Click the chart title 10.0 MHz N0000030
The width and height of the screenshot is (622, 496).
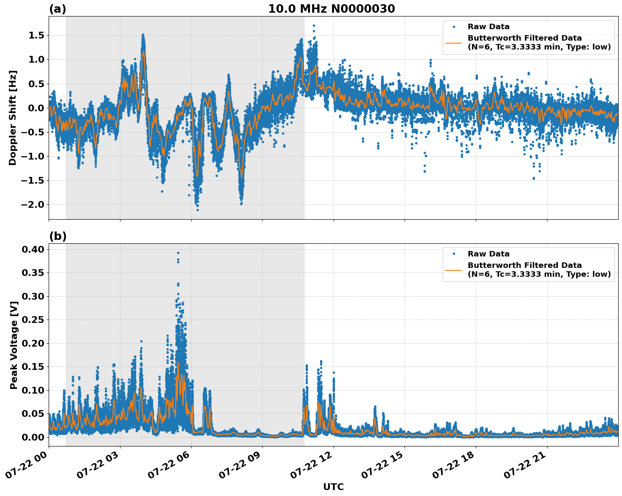[x=332, y=9]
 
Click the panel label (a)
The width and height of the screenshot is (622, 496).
[x=58, y=9]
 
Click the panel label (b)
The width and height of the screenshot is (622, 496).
[x=58, y=236]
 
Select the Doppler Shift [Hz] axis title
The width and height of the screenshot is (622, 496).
[x=13, y=118]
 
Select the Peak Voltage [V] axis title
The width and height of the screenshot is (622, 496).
[x=14, y=345]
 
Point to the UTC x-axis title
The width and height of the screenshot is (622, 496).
[x=333, y=487]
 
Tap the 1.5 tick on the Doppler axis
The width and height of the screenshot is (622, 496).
[x=36, y=36]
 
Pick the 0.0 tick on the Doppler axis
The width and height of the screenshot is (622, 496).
[x=36, y=108]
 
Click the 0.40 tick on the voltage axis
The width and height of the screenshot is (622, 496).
[x=33, y=250]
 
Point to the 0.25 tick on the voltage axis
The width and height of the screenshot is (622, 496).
[x=33, y=320]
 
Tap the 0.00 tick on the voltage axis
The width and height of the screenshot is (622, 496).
[x=33, y=437]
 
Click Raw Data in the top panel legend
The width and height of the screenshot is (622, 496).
[x=488, y=27]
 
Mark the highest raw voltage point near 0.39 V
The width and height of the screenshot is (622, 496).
[x=178, y=253]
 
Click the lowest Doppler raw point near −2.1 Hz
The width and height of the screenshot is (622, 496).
[x=197, y=210]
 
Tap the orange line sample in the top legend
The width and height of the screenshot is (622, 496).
[x=453, y=43]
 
